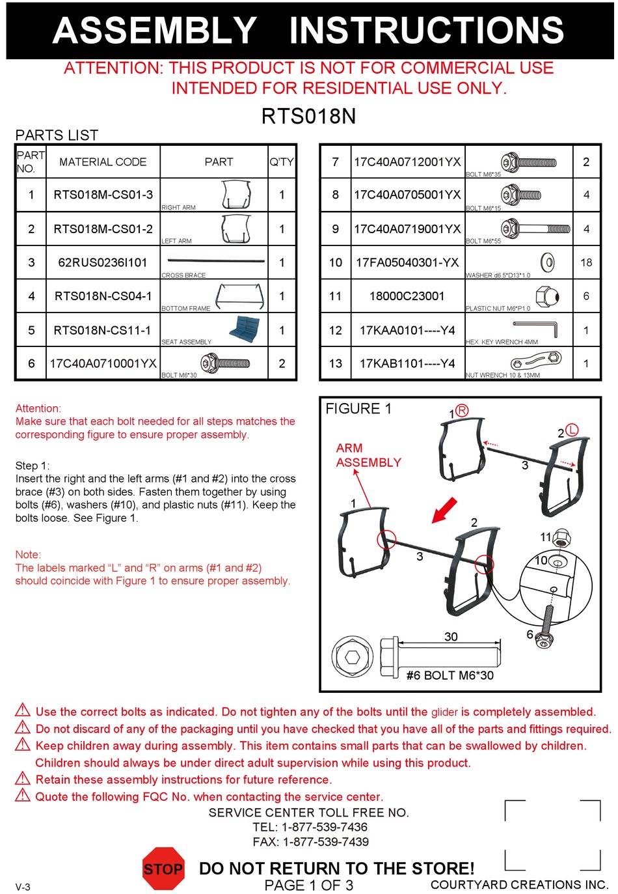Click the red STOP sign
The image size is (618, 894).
click(163, 869)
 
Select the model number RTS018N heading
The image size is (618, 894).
click(308, 117)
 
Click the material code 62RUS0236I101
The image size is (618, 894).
click(103, 262)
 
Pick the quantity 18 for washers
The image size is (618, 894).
click(585, 262)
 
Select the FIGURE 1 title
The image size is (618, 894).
click(358, 409)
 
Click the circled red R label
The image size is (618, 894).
click(461, 410)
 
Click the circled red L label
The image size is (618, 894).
click(571, 430)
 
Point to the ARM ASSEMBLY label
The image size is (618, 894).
click(368, 455)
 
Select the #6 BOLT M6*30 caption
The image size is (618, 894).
click(450, 676)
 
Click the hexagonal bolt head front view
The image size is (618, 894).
click(352, 657)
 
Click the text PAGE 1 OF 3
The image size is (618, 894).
click(308, 886)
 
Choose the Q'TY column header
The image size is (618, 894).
click(282, 162)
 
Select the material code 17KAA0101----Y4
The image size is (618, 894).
click(407, 330)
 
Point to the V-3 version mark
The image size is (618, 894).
click(23, 887)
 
